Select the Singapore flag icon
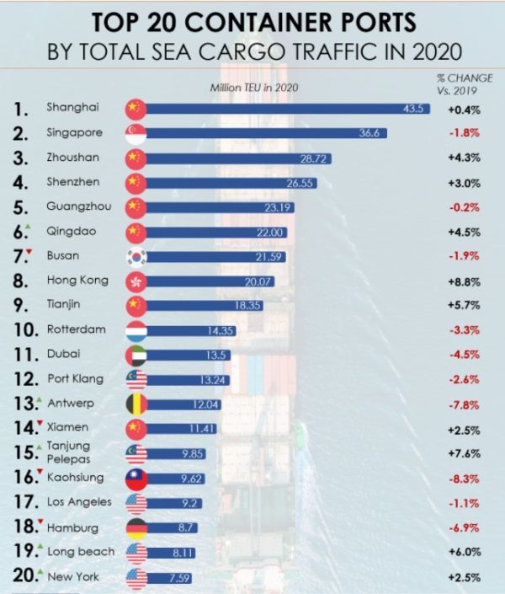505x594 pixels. pos(136,133)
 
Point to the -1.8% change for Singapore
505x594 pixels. pos(464,133)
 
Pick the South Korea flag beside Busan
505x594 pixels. pos(136,256)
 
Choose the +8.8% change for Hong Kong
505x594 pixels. pos(464,281)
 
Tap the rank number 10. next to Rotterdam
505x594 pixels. pos(28,329)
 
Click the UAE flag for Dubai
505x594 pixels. pos(136,354)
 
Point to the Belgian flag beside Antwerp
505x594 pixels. pos(136,404)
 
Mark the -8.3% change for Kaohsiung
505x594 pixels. pos(464,478)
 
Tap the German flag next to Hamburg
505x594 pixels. pos(136,527)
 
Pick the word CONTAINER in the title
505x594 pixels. pos(252,20)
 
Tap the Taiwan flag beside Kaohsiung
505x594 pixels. pos(136,478)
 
